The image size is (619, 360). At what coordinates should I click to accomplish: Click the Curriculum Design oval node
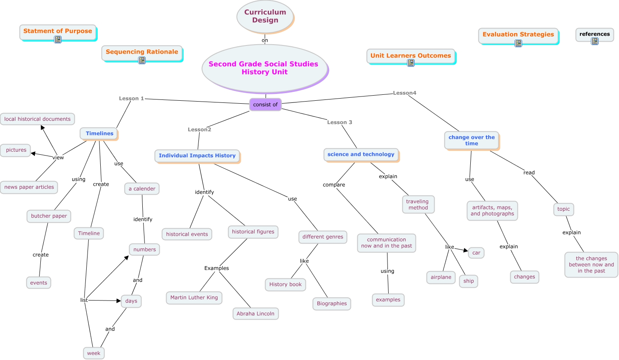click(265, 16)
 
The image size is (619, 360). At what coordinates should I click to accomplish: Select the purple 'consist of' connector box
click(265, 104)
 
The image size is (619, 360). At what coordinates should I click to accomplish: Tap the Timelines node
click(99, 133)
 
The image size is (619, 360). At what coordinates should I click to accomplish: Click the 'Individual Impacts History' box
click(197, 156)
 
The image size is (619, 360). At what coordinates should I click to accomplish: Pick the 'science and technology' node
click(361, 154)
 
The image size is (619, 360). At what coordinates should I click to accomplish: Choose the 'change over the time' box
click(472, 140)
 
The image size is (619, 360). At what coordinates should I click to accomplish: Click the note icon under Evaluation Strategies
click(518, 43)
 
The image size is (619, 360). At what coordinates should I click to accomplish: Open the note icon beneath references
click(595, 41)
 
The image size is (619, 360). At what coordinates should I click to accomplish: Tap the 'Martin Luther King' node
click(194, 298)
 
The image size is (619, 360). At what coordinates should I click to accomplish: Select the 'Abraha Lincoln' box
click(255, 314)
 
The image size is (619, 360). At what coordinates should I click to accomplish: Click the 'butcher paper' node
click(49, 216)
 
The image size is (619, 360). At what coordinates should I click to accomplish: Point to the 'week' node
click(93, 353)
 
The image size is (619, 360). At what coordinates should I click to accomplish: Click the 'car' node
click(476, 253)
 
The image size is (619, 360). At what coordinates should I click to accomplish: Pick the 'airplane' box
click(441, 277)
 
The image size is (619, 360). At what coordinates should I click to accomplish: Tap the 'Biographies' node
click(332, 303)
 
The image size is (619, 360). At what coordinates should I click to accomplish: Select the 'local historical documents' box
click(37, 119)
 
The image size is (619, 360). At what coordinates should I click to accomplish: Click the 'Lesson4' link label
click(404, 93)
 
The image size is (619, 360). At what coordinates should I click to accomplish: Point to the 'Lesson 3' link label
click(339, 122)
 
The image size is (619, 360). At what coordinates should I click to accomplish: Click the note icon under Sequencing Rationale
click(142, 60)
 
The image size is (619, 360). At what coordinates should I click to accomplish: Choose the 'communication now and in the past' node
click(387, 243)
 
